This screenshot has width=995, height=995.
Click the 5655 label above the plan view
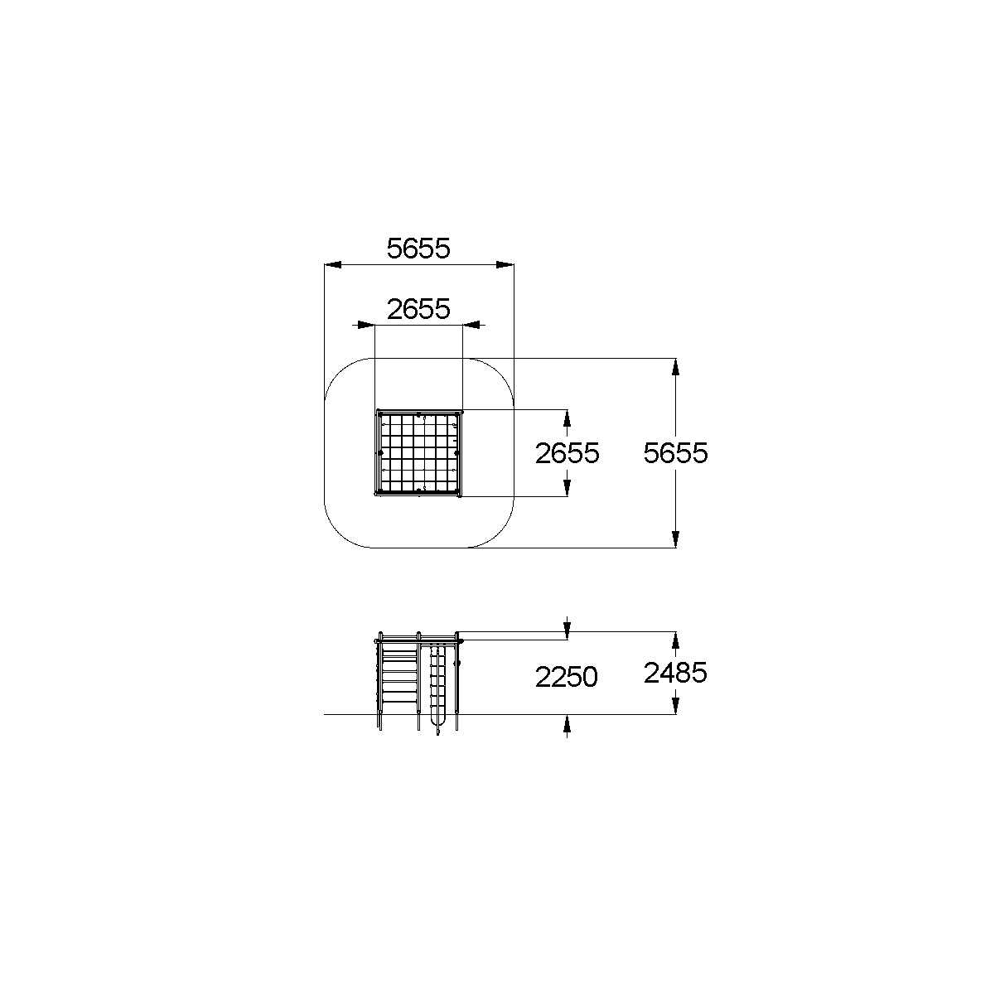pos(418,248)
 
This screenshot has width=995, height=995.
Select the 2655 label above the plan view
pos(418,309)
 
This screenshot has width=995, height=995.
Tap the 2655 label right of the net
pos(567,453)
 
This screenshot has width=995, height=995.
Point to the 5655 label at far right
pos(675,453)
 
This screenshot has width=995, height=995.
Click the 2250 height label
pos(567,676)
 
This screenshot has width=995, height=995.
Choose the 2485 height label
pos(675,673)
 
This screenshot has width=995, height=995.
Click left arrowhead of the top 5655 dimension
pos(333,265)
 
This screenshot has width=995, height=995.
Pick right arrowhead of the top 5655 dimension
pos(505,265)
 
